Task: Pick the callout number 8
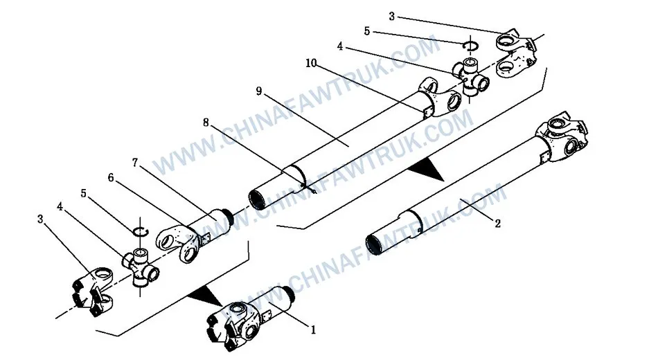click(x=206, y=123)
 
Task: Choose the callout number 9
click(x=258, y=90)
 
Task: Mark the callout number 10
click(x=310, y=63)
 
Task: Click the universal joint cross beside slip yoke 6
click(x=141, y=265)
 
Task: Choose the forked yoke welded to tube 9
click(x=441, y=96)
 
